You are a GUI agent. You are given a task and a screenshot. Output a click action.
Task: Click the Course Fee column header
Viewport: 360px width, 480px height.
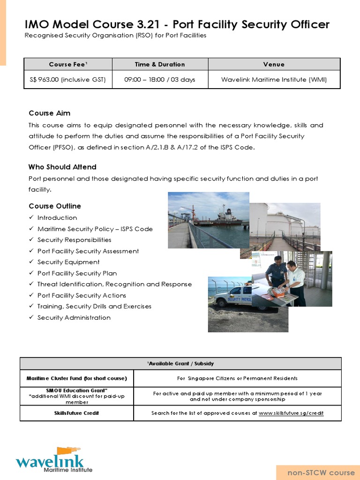click(68, 64)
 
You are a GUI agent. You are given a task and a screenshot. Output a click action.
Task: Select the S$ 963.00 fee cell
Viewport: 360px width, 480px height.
click(68, 80)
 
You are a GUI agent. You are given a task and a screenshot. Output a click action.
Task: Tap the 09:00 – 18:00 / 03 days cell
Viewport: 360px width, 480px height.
click(160, 80)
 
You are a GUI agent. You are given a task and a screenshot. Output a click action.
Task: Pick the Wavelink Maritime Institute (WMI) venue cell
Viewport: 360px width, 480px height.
click(274, 80)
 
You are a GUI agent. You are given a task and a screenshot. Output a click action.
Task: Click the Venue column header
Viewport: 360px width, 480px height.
click(274, 64)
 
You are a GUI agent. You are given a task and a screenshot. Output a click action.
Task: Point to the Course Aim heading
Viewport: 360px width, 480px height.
click(50, 113)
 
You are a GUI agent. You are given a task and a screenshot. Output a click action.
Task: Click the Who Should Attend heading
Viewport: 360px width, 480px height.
click(62, 167)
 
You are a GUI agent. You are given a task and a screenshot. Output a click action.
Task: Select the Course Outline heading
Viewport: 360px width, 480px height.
click(55, 206)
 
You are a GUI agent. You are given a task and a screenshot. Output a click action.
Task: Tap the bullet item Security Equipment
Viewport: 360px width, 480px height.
click(68, 262)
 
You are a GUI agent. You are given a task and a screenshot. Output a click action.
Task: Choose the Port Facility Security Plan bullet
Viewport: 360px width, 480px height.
click(77, 273)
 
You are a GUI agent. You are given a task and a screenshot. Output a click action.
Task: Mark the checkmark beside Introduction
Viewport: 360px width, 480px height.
click(31, 218)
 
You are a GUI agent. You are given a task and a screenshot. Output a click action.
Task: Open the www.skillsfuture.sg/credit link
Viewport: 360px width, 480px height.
click(291, 413)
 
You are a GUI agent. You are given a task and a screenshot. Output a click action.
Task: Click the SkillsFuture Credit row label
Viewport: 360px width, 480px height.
click(77, 413)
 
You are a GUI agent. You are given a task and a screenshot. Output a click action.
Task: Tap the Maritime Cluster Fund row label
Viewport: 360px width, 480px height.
click(77, 378)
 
